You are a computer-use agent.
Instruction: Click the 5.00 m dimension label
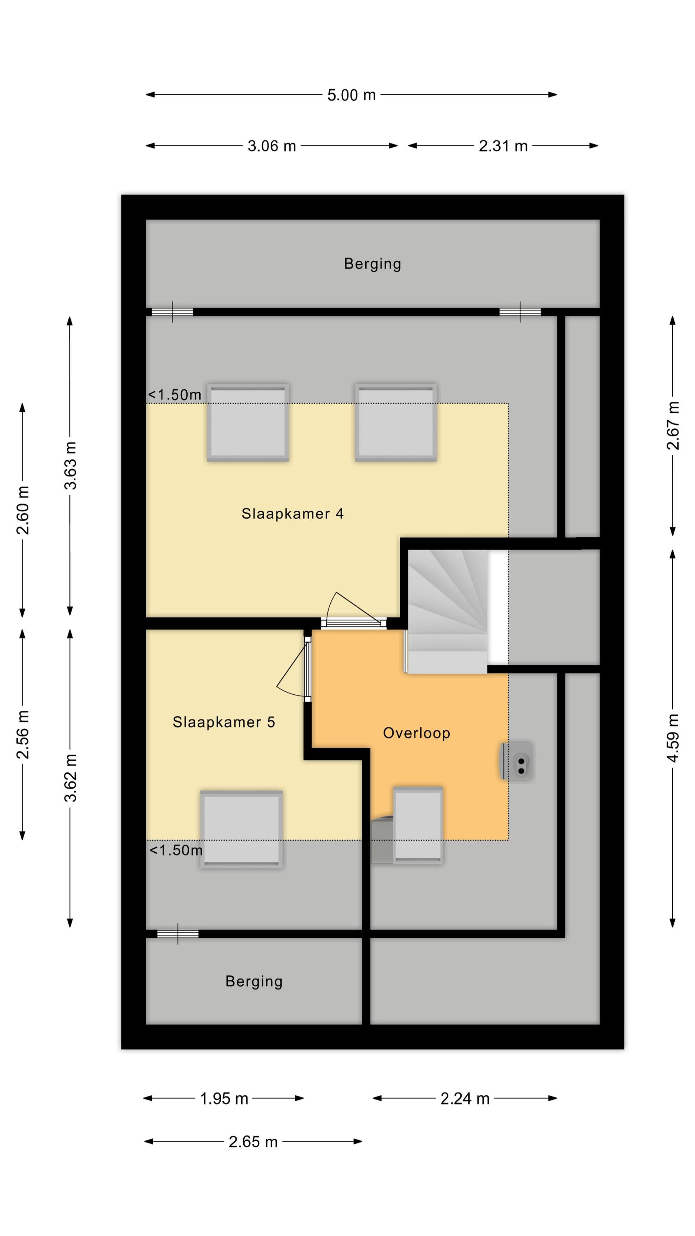click(x=351, y=95)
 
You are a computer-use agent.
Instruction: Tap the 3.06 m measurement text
click(x=271, y=146)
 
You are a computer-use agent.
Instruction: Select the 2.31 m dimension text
click(x=503, y=146)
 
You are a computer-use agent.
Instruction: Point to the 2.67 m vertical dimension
click(x=673, y=425)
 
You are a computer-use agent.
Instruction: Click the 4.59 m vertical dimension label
click(x=673, y=738)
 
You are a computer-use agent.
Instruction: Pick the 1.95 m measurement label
click(x=224, y=1098)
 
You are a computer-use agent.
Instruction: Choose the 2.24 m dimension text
click(x=465, y=1098)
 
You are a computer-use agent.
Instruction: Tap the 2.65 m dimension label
click(x=253, y=1142)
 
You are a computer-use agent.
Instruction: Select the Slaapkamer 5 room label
click(x=224, y=722)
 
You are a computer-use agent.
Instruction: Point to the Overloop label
click(x=416, y=733)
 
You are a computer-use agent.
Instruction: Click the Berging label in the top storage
click(x=373, y=264)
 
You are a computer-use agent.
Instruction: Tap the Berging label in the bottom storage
click(x=254, y=982)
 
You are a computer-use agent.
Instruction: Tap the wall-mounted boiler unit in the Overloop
click(x=516, y=761)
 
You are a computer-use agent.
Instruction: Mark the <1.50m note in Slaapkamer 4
click(x=175, y=395)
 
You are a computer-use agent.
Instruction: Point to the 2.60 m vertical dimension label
click(x=23, y=510)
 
